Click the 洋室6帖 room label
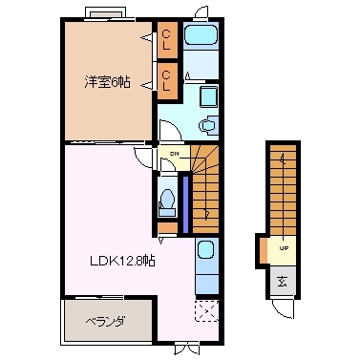pyautogui.click(x=105, y=81)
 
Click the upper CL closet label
pyautogui.click(x=166, y=39)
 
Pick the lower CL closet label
pyautogui.click(x=166, y=78)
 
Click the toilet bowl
pyautogui.click(x=167, y=201)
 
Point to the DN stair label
pyautogui.click(x=175, y=153)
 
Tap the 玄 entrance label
pyautogui.click(x=284, y=280)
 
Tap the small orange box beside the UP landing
pyautogui.click(x=264, y=250)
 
